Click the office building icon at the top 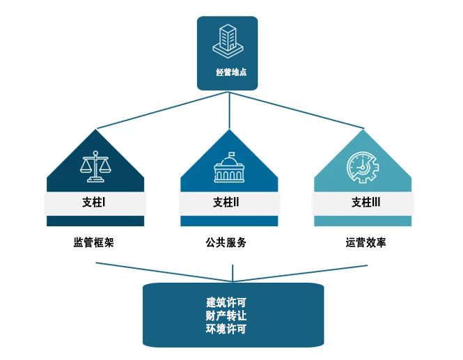[x=228, y=41]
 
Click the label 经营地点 [x=231, y=72]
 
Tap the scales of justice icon [x=95, y=166]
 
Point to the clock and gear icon [x=363, y=167]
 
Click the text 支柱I [x=93, y=203]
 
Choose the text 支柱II [x=226, y=203]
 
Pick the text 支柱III [x=366, y=203]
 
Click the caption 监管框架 [x=93, y=242]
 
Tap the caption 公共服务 [x=226, y=242]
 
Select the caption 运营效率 [x=366, y=242]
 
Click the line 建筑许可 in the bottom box [x=226, y=302]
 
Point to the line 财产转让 [x=226, y=315]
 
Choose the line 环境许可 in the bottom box [x=226, y=329]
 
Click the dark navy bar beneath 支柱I [x=95, y=221]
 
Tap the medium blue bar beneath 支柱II [x=229, y=221]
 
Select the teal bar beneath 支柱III [x=363, y=221]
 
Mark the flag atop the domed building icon [x=232, y=154]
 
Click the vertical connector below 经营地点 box [x=230, y=111]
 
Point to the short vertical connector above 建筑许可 [x=233, y=273]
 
